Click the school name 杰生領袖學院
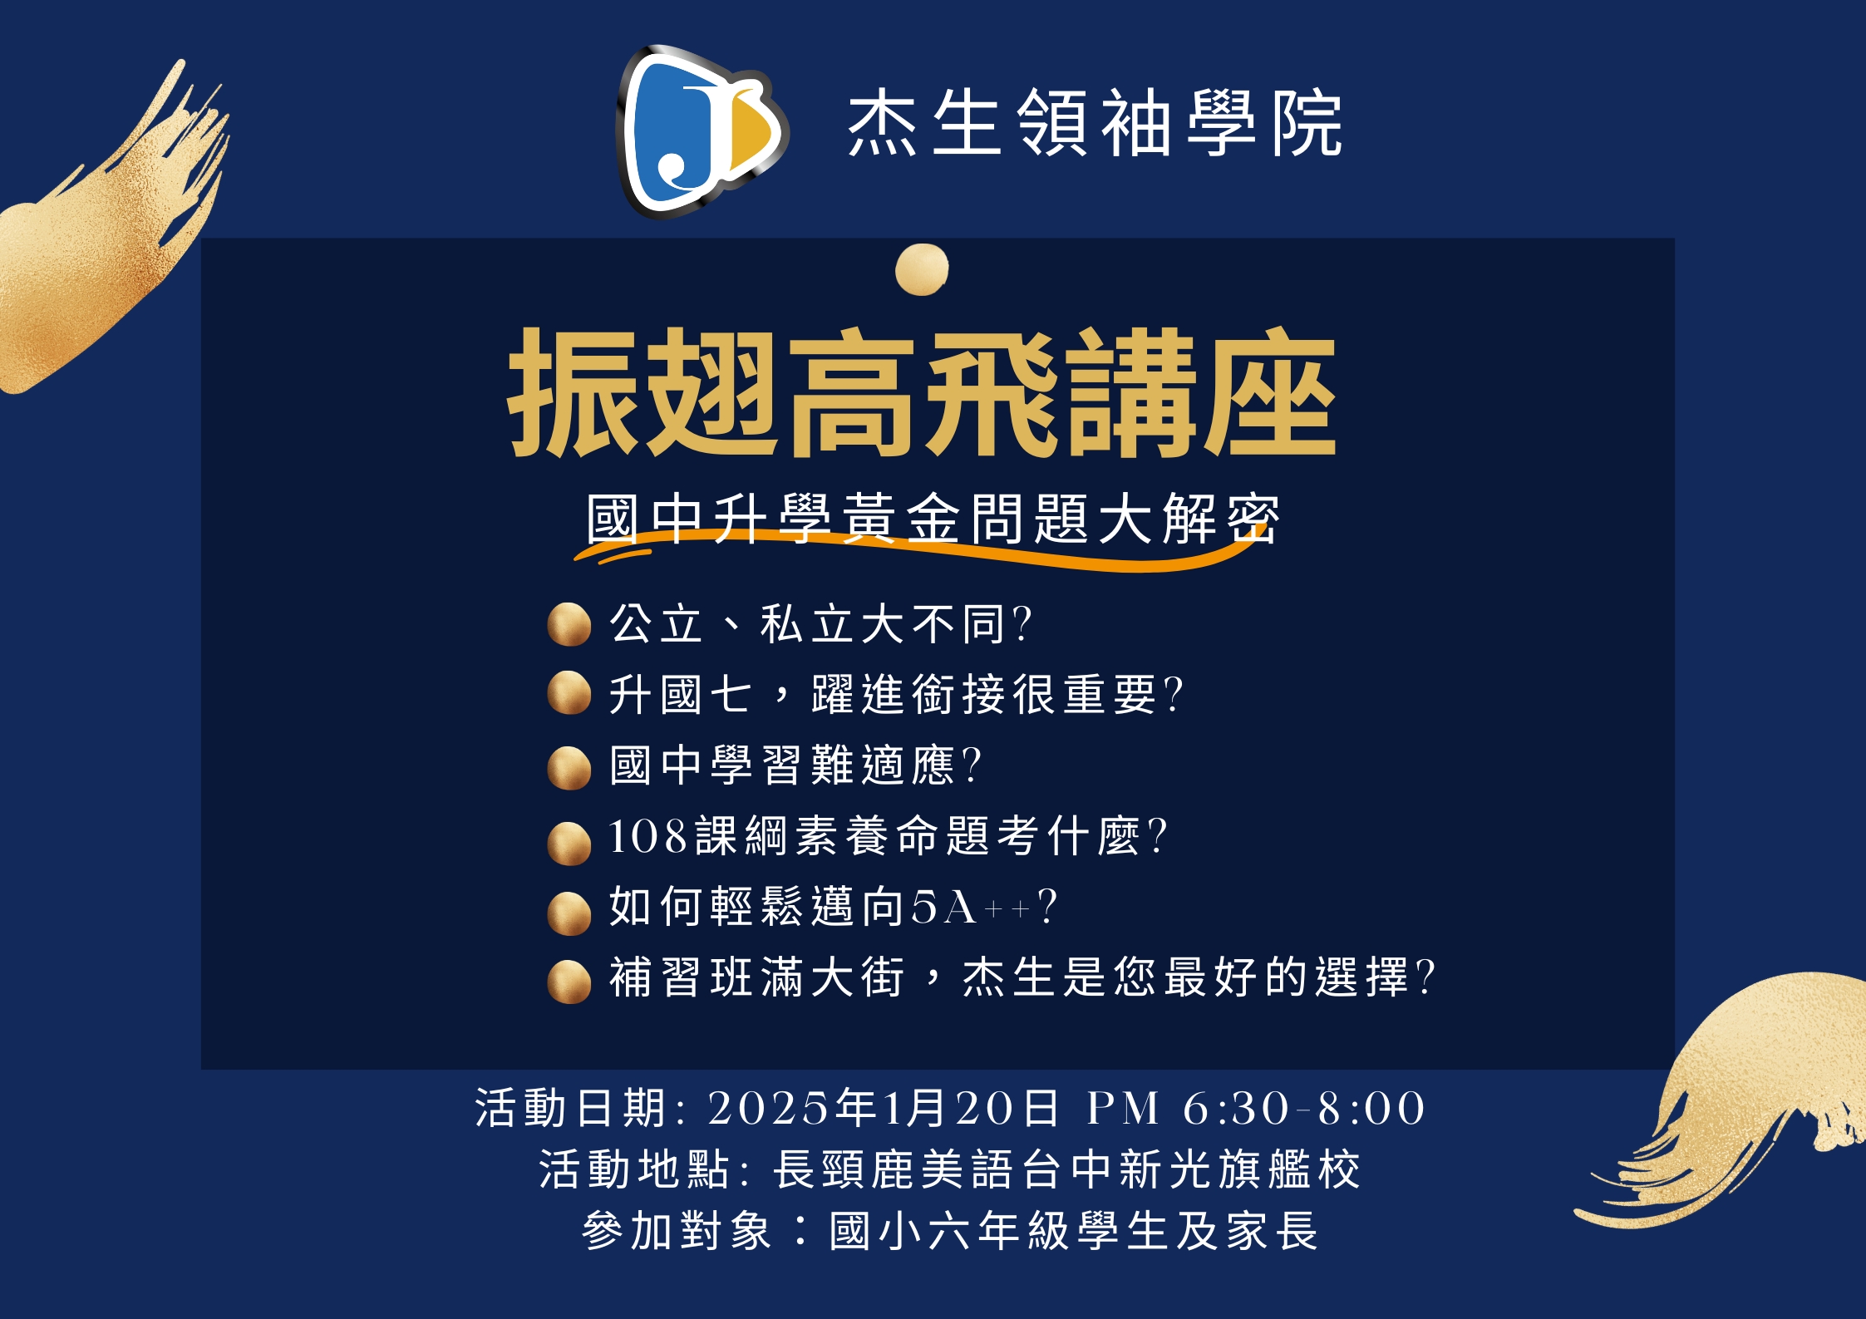point(1095,124)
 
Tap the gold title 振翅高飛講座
point(922,392)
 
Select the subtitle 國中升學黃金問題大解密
point(932,519)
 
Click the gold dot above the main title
point(921,269)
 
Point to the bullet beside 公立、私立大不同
point(569,624)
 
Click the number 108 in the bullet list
point(648,836)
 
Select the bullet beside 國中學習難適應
point(569,766)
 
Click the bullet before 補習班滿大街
point(569,981)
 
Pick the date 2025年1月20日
point(884,1108)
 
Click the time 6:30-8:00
point(1303,1108)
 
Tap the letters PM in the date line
point(1122,1108)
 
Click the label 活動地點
point(633,1169)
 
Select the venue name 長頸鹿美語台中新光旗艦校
point(1066,1169)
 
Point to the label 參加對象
point(677,1231)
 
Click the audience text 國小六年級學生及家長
point(1074,1231)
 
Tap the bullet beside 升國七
point(569,693)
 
